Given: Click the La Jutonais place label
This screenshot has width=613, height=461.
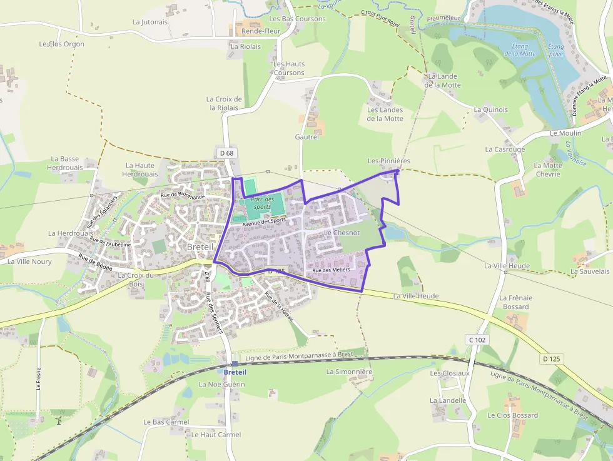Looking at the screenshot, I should (150, 21).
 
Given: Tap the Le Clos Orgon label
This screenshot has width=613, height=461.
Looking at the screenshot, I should (61, 44).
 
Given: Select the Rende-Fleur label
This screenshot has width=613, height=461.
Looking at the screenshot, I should (261, 31).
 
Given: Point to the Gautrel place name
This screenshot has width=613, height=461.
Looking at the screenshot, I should (306, 136).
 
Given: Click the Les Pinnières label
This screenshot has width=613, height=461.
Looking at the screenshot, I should (388, 161).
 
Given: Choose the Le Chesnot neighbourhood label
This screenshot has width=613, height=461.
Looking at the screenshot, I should (342, 233).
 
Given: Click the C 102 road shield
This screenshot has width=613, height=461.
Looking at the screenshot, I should (477, 340).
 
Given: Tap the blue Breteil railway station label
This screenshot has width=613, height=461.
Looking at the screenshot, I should (235, 372).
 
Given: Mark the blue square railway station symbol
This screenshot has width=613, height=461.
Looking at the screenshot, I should (235, 363).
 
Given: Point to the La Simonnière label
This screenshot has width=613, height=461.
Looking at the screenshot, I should (349, 372).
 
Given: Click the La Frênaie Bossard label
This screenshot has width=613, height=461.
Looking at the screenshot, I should (515, 302).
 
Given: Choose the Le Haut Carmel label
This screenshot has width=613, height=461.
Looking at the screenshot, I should (216, 435).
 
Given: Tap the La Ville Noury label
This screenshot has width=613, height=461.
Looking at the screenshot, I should (29, 261).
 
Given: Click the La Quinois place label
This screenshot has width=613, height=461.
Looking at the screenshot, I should (490, 109).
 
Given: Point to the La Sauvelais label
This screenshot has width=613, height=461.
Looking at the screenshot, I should (589, 271).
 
